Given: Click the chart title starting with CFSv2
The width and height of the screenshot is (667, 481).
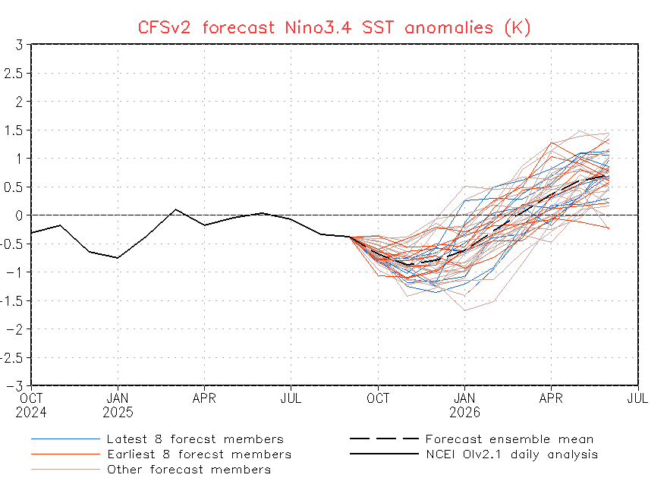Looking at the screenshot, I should coord(334,27).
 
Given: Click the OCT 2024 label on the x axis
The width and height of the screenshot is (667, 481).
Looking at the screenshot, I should coord(32,405).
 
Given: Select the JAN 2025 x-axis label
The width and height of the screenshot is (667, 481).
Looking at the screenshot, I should coord(118,405).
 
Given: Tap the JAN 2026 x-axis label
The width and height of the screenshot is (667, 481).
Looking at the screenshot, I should coord(465,405).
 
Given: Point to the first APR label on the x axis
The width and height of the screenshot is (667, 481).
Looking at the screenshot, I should coord(205,398).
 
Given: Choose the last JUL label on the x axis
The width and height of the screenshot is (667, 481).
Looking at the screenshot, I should coord(637,398).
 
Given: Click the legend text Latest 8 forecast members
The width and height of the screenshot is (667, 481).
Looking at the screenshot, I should coord(195,439).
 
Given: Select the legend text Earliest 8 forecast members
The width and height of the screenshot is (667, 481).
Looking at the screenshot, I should coord(199,454).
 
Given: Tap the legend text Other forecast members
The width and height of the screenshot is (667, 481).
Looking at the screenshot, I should coord(188,470).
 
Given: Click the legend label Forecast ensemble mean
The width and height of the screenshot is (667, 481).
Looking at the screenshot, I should coord(509,439).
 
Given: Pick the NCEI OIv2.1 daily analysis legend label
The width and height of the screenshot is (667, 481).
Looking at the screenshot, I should coord(511,454).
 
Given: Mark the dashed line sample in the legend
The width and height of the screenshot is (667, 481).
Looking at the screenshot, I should coord(384,439).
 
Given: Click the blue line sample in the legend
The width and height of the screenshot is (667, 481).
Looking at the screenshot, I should coord(66,439).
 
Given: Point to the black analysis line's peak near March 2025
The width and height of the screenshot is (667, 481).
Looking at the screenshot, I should coord(175,209).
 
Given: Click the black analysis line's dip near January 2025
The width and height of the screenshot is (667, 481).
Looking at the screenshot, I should coord(118,258).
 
